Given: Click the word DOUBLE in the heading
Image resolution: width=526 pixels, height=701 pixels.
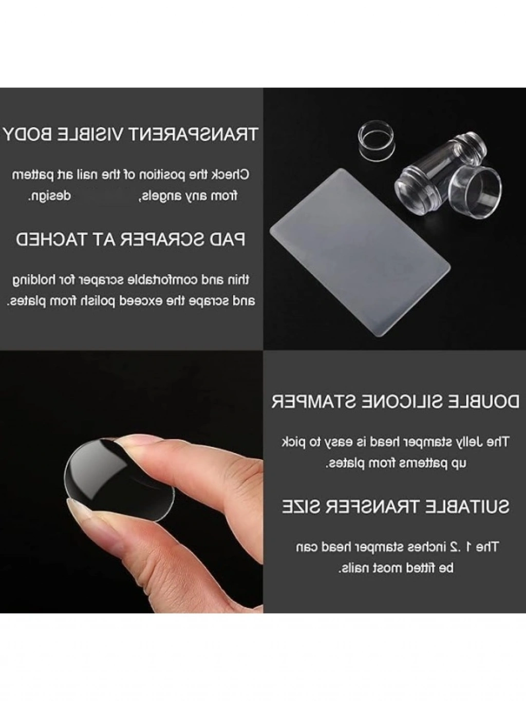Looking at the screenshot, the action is click(x=480, y=402).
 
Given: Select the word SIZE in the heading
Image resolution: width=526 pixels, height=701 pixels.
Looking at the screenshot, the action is click(x=303, y=507).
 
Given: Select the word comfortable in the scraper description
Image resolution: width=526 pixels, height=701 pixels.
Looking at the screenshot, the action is click(x=167, y=280).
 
